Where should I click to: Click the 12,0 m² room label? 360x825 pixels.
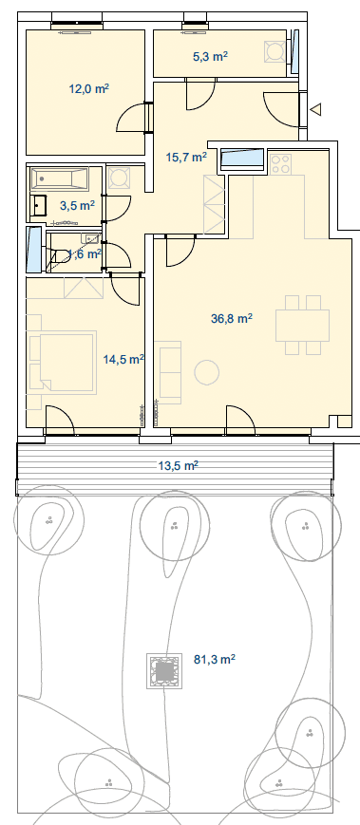(89, 88)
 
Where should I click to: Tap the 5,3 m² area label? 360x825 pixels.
(211, 57)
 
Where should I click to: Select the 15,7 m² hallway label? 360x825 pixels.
(186, 157)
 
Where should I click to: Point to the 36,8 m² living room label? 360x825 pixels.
(232, 318)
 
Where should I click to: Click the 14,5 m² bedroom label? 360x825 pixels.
(123, 360)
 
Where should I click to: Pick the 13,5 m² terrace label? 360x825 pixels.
(178, 465)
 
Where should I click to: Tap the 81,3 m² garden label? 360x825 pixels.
(215, 659)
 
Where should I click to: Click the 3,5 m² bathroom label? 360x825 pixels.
(77, 205)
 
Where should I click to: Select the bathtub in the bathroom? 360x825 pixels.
(59, 178)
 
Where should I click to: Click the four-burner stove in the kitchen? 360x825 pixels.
(280, 163)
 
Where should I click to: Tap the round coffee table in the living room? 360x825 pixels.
(206, 372)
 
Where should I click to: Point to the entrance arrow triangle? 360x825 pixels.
(315, 109)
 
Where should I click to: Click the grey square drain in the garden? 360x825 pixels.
(164, 671)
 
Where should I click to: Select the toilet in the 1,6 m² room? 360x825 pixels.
(61, 256)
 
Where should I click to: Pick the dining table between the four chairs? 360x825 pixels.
(303, 326)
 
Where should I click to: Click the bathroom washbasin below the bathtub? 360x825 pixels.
(39, 205)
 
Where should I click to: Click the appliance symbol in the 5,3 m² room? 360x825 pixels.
(275, 51)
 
